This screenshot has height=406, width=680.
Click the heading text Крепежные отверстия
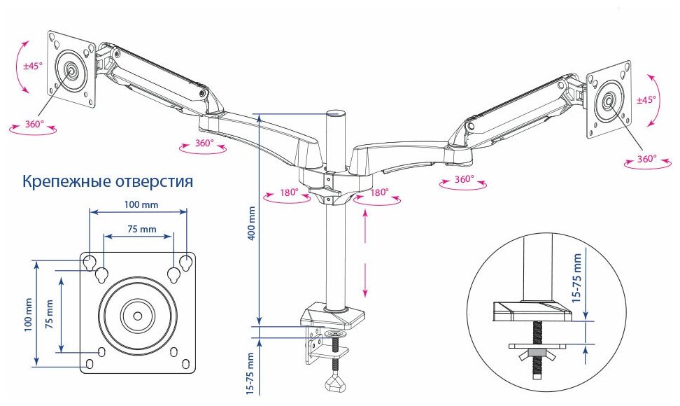(108, 183)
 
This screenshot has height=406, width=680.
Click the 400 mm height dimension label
(253, 223)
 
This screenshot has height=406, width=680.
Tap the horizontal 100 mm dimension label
(139, 205)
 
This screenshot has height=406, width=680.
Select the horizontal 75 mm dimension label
(138, 229)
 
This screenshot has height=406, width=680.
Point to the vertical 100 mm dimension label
(27, 313)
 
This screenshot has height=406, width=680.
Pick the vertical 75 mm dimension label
(49, 314)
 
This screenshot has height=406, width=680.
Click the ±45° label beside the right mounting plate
(646, 99)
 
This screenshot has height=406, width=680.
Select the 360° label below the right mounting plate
(646, 160)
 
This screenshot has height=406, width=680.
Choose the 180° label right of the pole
(379, 192)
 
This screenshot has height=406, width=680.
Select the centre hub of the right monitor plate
(607, 100)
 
